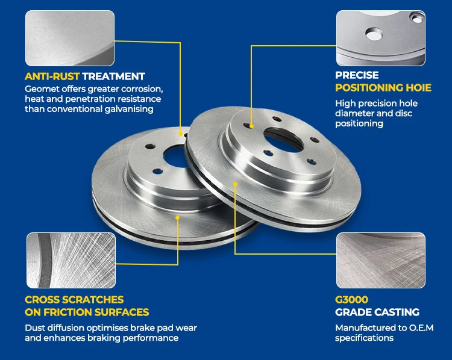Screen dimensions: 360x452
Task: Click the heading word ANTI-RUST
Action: (x=52, y=76)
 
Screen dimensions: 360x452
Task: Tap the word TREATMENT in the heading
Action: (x=113, y=76)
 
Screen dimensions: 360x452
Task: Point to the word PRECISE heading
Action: (x=357, y=75)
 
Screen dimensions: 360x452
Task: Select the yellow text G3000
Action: (x=351, y=299)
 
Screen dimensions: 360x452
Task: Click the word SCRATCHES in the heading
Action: (x=93, y=299)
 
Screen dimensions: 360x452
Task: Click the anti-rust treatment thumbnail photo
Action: (x=70, y=39)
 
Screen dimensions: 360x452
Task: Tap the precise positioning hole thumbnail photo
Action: (x=381, y=39)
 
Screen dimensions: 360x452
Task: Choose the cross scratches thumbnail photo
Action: (x=71, y=261)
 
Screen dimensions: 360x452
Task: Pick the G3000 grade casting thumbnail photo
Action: (x=381, y=261)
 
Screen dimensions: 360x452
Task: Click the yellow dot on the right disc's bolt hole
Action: (x=251, y=126)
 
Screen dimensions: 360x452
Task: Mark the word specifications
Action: (x=364, y=338)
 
